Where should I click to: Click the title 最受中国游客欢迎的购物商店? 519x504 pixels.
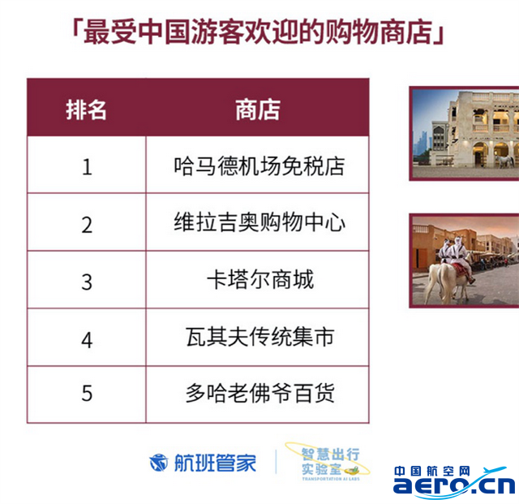point(258,32)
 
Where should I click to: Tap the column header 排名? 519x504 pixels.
point(86,110)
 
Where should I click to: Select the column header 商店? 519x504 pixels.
point(258,110)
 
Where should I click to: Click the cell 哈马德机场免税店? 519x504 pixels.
point(259,166)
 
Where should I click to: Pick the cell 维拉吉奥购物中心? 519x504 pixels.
point(259,222)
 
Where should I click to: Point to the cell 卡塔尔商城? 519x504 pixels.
point(260,280)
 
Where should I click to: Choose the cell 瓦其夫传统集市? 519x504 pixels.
point(259,337)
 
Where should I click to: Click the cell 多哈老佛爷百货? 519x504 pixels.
point(259,394)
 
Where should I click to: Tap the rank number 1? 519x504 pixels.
point(87,166)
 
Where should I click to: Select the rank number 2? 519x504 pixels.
point(87,225)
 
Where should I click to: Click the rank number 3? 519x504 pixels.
point(87,282)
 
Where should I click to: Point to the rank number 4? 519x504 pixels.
point(87,340)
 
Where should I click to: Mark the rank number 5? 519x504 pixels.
point(87,394)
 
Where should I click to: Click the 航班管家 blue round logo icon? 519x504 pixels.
point(159,463)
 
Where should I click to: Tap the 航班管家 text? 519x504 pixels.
point(215,463)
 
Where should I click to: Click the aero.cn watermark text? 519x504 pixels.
point(454,485)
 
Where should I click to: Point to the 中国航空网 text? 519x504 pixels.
point(432,471)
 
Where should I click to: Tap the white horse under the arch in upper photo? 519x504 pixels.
point(504,161)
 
